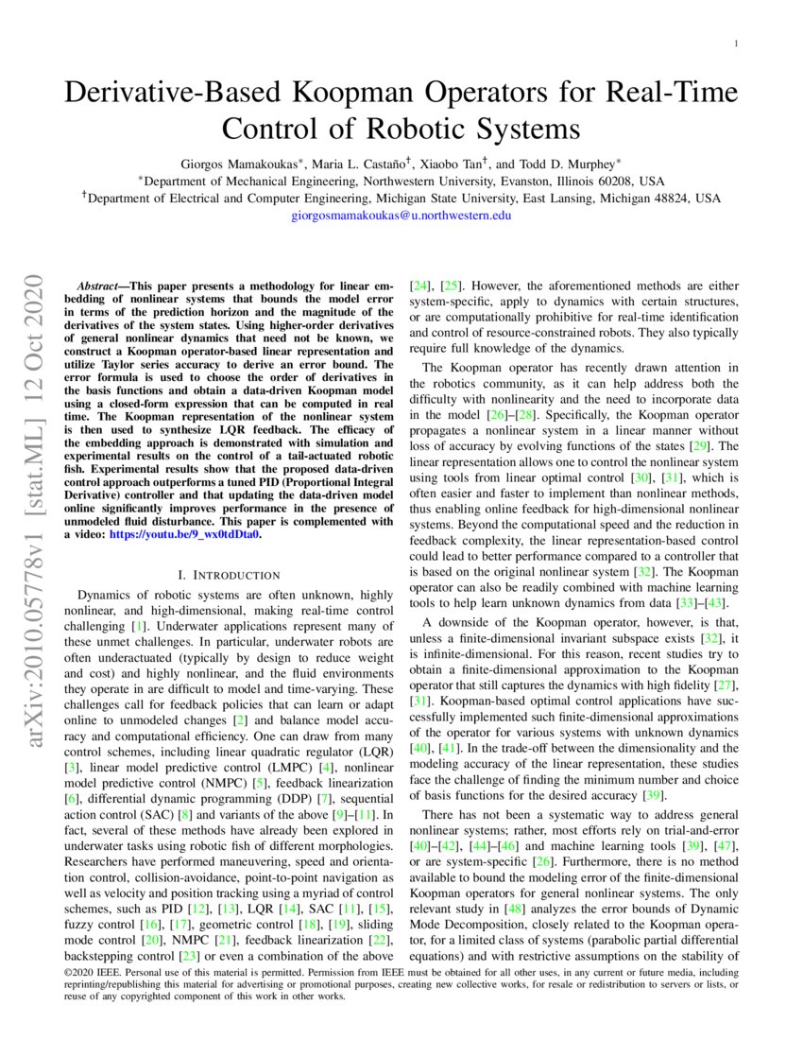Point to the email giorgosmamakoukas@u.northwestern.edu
401,216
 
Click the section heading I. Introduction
229,575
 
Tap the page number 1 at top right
736,44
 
